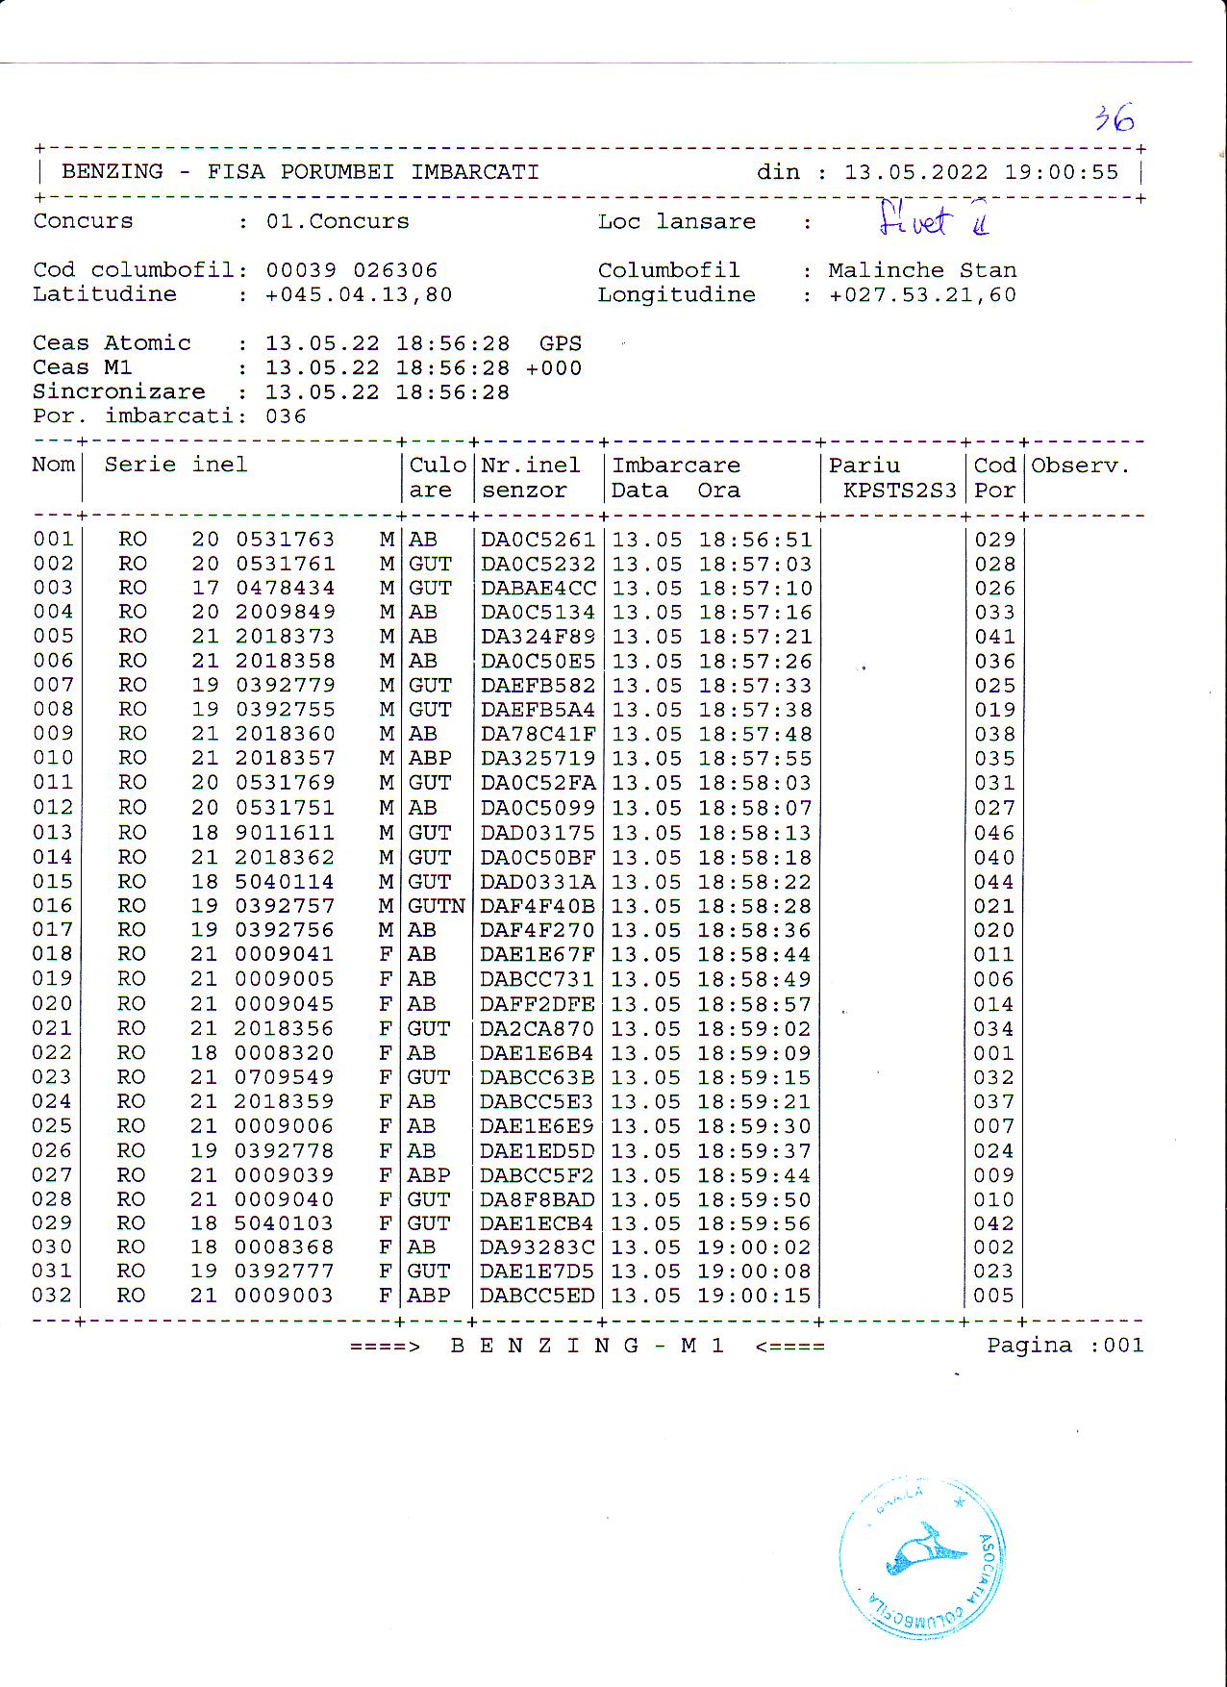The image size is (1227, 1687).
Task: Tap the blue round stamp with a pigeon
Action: tap(922, 1557)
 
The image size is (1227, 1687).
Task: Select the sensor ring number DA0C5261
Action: tap(538, 540)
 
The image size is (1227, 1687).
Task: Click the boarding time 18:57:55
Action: tap(755, 759)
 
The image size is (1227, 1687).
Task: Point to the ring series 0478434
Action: tap(286, 588)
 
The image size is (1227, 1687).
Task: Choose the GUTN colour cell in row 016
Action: tap(437, 906)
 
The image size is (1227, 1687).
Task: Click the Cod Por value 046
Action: tap(994, 833)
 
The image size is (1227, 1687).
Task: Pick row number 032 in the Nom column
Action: tap(53, 1295)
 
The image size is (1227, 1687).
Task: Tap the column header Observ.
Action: tap(1080, 466)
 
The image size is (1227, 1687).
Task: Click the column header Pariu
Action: tap(864, 466)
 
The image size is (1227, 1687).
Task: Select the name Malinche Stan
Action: tap(922, 270)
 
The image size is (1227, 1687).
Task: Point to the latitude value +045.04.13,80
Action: tap(359, 294)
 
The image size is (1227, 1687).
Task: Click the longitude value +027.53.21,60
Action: tap(922, 294)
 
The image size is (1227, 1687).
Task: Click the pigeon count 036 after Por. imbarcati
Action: tap(286, 416)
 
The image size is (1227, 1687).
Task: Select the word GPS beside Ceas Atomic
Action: tap(560, 343)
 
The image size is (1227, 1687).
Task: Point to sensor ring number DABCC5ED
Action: tap(538, 1295)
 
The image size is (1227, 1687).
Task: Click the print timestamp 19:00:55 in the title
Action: tap(1062, 172)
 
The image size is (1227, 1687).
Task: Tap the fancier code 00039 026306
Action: tap(352, 270)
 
